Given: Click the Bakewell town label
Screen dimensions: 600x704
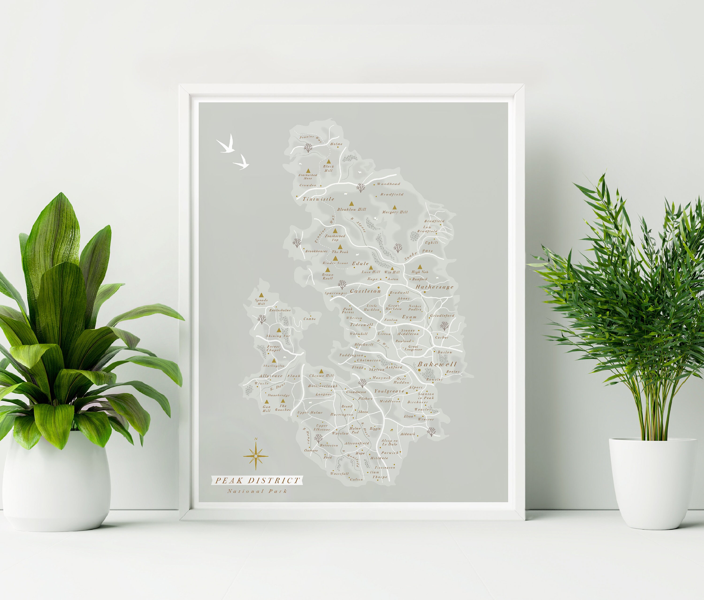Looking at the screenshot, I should pyautogui.click(x=437, y=364).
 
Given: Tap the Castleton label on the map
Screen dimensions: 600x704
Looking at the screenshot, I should pyautogui.click(x=365, y=291).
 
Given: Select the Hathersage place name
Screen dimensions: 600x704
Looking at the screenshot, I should pyautogui.click(x=435, y=287).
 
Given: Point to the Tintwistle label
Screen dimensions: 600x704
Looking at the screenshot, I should pyautogui.click(x=318, y=199).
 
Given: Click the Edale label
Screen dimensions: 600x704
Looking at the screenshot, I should pyautogui.click(x=360, y=263).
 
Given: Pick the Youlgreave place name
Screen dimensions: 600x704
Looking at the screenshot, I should pyautogui.click(x=389, y=391).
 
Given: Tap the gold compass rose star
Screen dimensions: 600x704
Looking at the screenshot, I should pyautogui.click(x=256, y=456).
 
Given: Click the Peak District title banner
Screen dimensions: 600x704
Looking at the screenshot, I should pyautogui.click(x=257, y=480).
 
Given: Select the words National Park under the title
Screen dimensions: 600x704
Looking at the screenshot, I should pyautogui.click(x=257, y=491).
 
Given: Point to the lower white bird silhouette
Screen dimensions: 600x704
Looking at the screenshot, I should pyautogui.click(x=242, y=162).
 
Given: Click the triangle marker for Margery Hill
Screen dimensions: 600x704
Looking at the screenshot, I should pyautogui.click(x=394, y=207).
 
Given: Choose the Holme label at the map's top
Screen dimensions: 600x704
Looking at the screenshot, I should pyautogui.click(x=336, y=144).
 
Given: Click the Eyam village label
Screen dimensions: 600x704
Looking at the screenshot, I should pyautogui.click(x=409, y=317).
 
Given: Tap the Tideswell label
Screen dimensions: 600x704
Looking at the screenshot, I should pyautogui.click(x=362, y=325).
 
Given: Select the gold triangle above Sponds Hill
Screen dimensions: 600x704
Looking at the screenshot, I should pyautogui.click(x=261, y=295).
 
